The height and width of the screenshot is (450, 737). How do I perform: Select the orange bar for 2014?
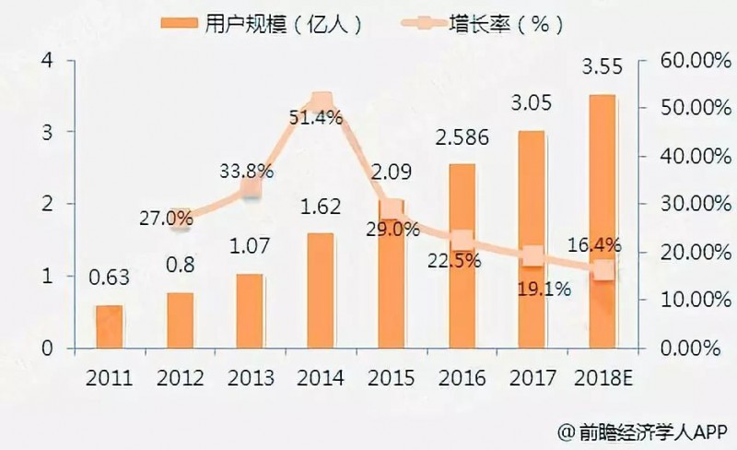coord(322,290)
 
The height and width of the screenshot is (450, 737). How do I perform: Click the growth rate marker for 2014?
coord(322,102)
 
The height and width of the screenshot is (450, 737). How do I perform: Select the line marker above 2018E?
coord(602,269)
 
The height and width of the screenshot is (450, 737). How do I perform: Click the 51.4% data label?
coord(315,118)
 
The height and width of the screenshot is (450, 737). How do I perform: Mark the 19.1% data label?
coord(544,288)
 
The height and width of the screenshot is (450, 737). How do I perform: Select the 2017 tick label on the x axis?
coord(532,378)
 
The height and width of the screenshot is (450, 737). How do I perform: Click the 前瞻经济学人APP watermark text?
coord(645,430)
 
